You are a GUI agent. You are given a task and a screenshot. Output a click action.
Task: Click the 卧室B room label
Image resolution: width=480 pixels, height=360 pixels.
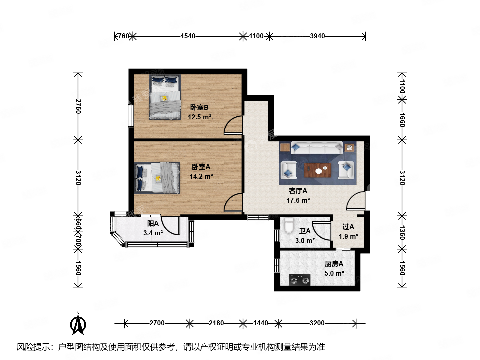(199, 107)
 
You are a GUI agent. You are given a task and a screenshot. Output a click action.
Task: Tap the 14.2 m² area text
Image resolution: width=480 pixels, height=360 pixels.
(201, 176)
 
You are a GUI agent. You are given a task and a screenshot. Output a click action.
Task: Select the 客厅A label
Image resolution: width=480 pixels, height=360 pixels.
(298, 191)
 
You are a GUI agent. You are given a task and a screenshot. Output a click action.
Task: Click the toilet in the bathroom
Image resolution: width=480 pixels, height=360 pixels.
(289, 226)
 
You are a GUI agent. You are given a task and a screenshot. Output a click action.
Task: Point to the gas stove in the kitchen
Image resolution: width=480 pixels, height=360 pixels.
(299, 280)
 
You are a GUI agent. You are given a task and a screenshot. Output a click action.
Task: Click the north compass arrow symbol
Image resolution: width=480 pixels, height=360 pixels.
(78, 324)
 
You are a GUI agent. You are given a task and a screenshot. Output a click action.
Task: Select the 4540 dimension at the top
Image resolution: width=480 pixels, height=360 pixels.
(188, 36)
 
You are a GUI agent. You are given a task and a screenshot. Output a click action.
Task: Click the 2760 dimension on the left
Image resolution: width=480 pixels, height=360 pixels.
(78, 106)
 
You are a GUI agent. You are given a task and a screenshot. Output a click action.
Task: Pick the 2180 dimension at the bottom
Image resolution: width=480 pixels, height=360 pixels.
(216, 323)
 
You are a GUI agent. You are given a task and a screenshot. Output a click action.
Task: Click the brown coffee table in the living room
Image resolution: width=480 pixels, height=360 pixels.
(318, 170)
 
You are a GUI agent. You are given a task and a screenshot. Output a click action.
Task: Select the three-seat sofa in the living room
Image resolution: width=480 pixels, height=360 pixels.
(316, 148)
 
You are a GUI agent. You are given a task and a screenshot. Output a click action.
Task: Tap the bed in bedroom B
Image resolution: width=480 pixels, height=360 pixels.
(165, 97)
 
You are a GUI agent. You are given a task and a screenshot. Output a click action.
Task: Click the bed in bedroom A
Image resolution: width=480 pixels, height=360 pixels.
(158, 178)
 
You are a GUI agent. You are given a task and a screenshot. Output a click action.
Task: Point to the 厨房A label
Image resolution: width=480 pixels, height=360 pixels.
(334, 264)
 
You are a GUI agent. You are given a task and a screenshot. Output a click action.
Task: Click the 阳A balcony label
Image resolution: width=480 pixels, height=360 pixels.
(153, 224)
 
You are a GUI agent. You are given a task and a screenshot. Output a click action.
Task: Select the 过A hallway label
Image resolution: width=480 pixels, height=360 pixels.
(348, 227)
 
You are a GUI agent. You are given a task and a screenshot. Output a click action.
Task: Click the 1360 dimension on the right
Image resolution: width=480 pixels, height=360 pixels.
(402, 232)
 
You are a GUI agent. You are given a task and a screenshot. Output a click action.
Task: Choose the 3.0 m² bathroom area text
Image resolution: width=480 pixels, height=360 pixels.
(305, 241)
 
